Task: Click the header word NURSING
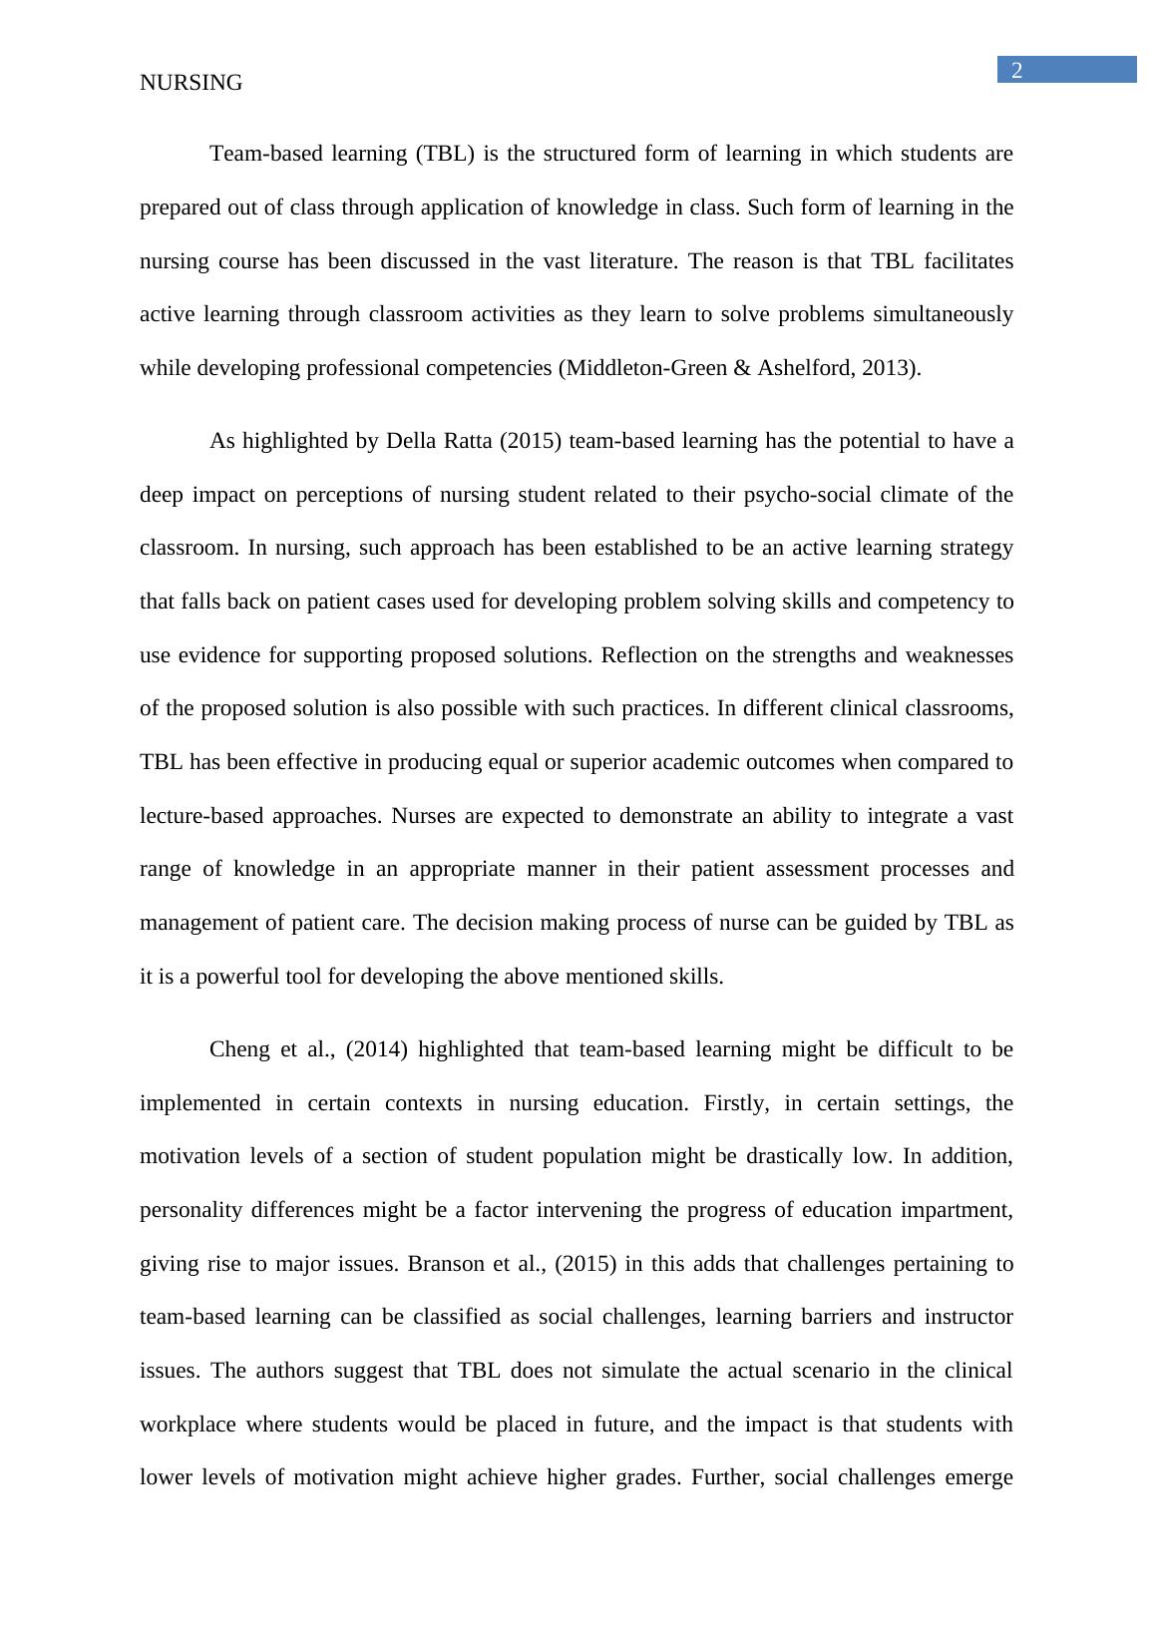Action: point(191,84)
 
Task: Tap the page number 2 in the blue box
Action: point(1017,70)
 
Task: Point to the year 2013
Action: point(894,368)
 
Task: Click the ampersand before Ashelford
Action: point(741,368)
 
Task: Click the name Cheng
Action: point(239,1050)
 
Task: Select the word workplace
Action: point(188,1425)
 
